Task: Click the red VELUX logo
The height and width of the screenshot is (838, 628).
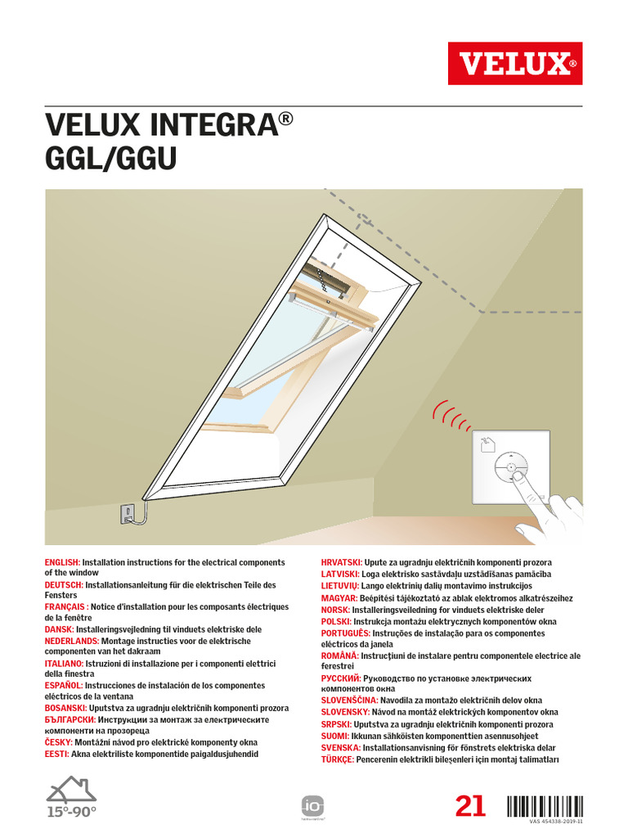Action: [x=514, y=63]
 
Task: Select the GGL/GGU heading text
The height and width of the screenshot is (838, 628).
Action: [x=110, y=160]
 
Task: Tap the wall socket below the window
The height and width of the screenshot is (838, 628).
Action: [x=128, y=514]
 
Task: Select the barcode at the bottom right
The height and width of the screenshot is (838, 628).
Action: [x=545, y=806]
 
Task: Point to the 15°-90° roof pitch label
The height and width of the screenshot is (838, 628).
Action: [x=71, y=812]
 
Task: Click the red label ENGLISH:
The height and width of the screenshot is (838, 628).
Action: [x=62, y=563]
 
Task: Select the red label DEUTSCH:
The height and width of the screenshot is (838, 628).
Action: [x=64, y=585]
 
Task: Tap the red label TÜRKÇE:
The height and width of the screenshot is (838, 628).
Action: [x=338, y=759]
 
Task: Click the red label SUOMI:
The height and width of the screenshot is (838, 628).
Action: [x=334, y=737]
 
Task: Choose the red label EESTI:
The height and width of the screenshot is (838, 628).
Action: [x=57, y=754]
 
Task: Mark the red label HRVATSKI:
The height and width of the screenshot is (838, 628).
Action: [x=344, y=563]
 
